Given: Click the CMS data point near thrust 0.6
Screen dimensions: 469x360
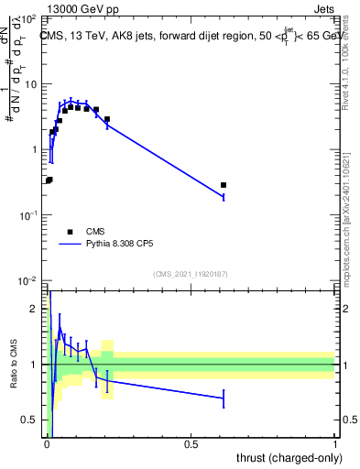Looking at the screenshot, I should [224, 185].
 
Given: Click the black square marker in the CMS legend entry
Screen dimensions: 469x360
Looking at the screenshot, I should [71, 232].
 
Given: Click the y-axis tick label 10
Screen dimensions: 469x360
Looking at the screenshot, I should [33, 84].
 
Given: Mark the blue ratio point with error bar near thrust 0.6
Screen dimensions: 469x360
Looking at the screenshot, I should [224, 398].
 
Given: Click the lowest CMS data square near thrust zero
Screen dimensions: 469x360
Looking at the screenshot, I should [48, 180].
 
